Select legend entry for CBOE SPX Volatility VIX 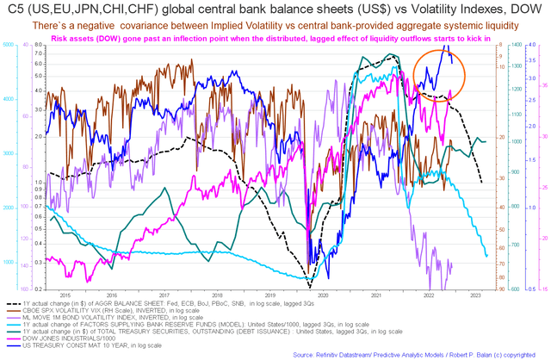point(121,312)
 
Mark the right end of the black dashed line point(480,182)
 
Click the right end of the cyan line point(487,256)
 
